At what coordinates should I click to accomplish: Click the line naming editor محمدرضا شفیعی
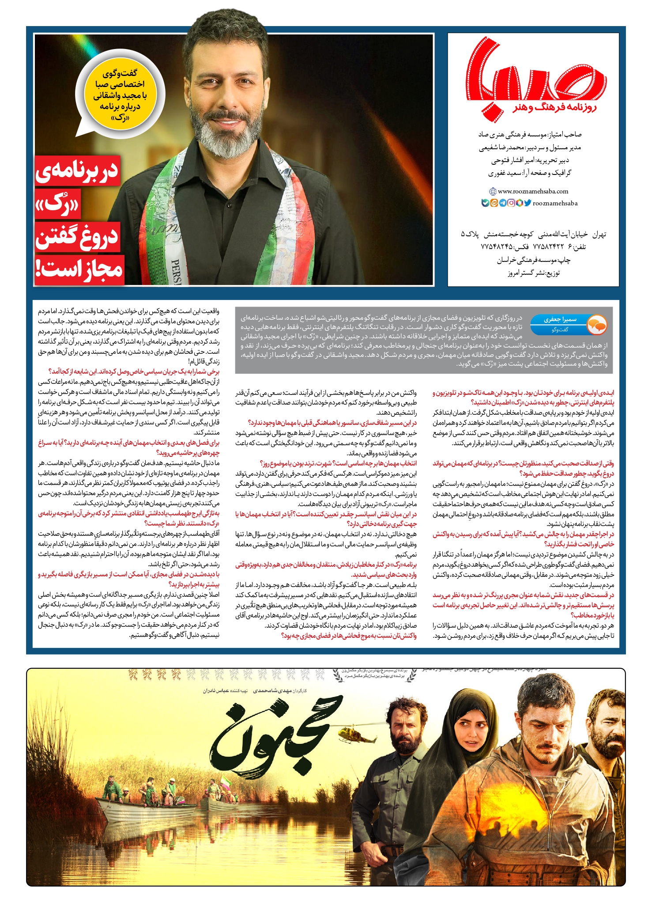coord(530,148)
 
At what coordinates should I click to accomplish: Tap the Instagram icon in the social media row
coord(511,203)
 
